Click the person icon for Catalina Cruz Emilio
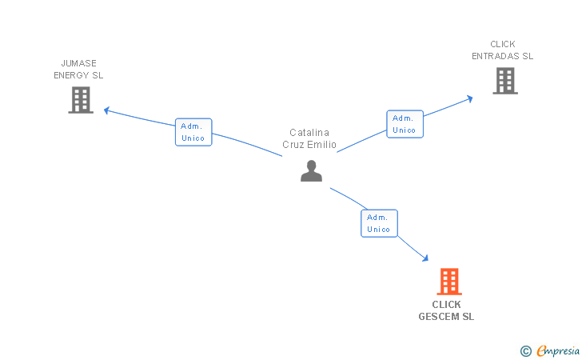[311, 170]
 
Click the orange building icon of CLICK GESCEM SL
[449, 282]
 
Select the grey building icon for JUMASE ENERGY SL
[81, 100]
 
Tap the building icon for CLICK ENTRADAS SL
[504, 81]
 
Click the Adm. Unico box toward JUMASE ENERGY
[193, 132]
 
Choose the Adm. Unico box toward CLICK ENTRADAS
[405, 124]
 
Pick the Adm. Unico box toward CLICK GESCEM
[379, 223]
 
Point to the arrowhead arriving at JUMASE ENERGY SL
[107, 110]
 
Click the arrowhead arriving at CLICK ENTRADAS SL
[469, 98]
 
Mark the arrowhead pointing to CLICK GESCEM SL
[425, 258]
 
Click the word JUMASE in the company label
[78, 63]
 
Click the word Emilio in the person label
[321, 145]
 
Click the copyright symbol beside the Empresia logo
[525, 350]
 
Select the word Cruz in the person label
[293, 145]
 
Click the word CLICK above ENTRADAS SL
[503, 44]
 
